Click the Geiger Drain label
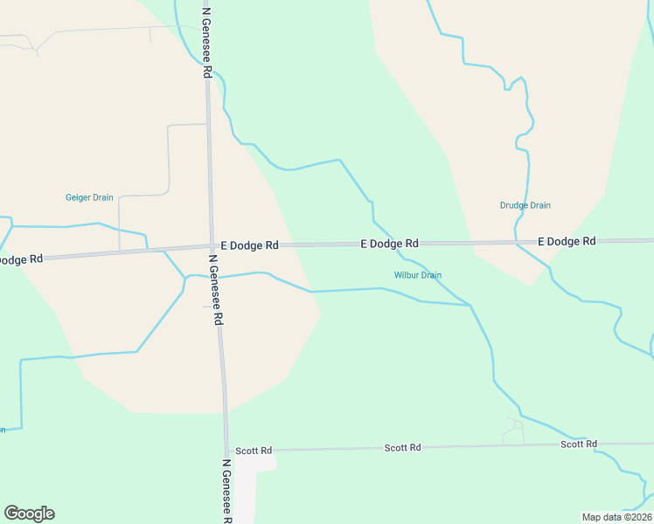(89, 197)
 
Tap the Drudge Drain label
(525, 206)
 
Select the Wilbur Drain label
(417, 275)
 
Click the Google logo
(29, 514)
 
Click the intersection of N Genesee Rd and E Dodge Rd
(212, 247)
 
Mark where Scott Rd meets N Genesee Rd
(226, 451)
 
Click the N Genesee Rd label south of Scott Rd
(226, 491)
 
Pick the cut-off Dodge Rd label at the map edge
(21, 259)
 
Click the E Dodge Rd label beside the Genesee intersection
(249, 246)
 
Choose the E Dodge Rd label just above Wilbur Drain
(389, 244)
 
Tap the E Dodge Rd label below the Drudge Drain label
(566, 241)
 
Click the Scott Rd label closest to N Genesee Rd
(254, 451)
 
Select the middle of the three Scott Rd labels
(402, 447)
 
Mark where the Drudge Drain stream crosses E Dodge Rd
(516, 242)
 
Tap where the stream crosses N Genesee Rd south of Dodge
(215, 277)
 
